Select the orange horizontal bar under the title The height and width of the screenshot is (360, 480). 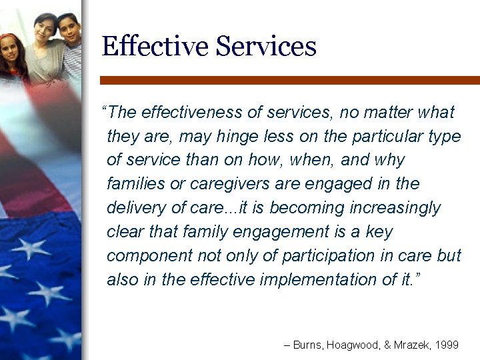tap(289, 80)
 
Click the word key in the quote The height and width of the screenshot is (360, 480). tap(380, 232)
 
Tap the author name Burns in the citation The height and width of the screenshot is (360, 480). tap(308, 345)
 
